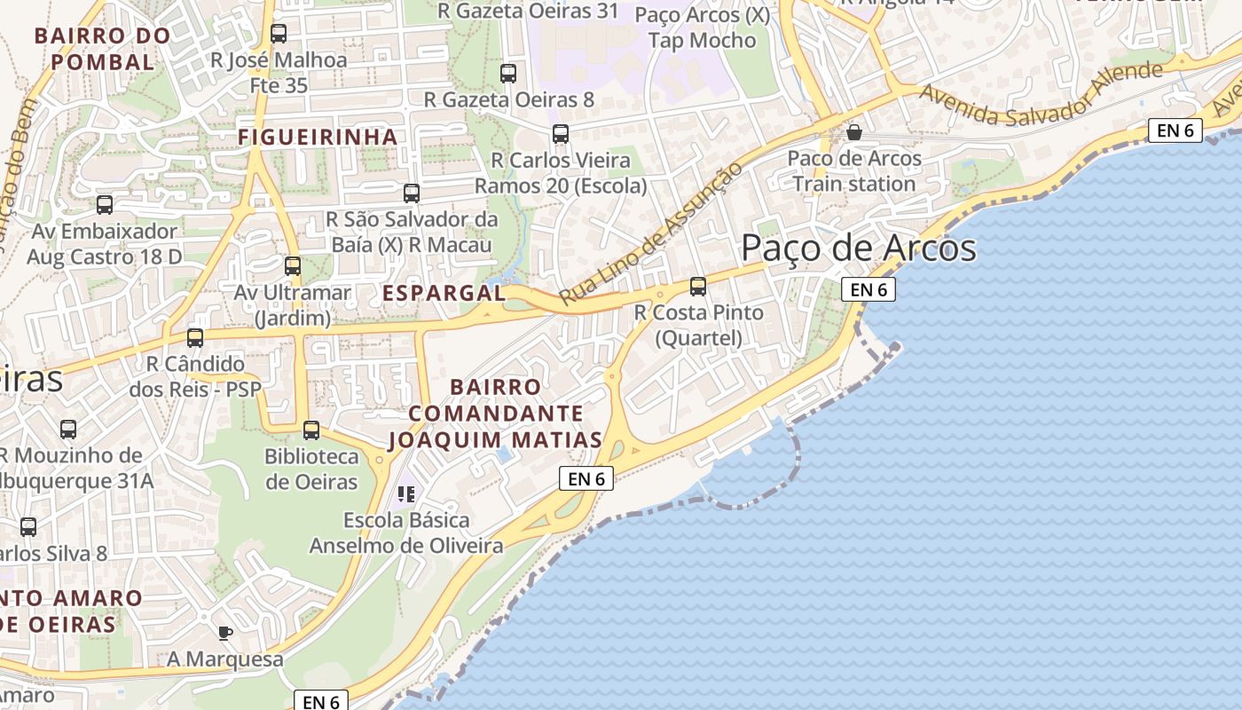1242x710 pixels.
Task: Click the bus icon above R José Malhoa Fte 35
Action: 279,34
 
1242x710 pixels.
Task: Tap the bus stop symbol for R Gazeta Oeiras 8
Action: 508,74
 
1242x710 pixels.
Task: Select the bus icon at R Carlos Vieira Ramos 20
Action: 561,134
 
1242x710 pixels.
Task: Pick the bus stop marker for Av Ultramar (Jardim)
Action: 293,265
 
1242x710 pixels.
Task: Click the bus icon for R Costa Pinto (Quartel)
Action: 698,287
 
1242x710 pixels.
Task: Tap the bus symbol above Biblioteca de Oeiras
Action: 311,430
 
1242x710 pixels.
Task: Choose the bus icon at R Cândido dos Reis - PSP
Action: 195,338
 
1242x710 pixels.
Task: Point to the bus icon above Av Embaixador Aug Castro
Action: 105,205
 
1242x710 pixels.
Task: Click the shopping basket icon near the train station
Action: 854,132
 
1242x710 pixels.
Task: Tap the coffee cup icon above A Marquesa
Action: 225,633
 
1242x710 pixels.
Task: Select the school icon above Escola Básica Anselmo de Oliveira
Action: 406,493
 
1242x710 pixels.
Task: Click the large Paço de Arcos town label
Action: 858,248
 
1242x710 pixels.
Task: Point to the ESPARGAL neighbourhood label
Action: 444,293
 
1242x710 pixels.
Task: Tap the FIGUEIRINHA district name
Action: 318,137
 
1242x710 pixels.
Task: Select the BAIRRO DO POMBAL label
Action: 102,49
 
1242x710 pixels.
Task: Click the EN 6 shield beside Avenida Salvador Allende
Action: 1175,130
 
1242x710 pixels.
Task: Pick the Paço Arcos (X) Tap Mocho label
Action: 703,28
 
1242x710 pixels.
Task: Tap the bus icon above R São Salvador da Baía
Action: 412,193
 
